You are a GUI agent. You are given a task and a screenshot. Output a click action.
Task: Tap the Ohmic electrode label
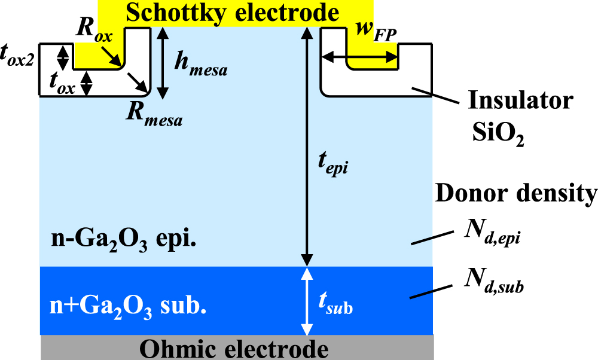pyautogui.click(x=237, y=349)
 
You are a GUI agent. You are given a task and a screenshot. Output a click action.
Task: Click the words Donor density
pyautogui.click(x=515, y=193)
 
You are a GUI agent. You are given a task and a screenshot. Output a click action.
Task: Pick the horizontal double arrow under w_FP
pyautogui.click(x=360, y=57)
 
